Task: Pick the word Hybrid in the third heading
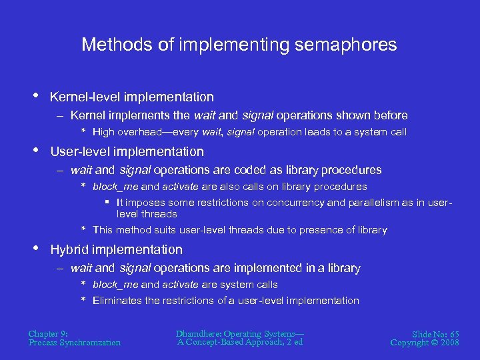click(71, 250)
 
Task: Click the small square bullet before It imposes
click(107, 202)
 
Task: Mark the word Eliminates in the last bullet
click(117, 301)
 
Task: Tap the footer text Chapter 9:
click(48, 333)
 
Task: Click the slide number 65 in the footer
click(453, 334)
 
